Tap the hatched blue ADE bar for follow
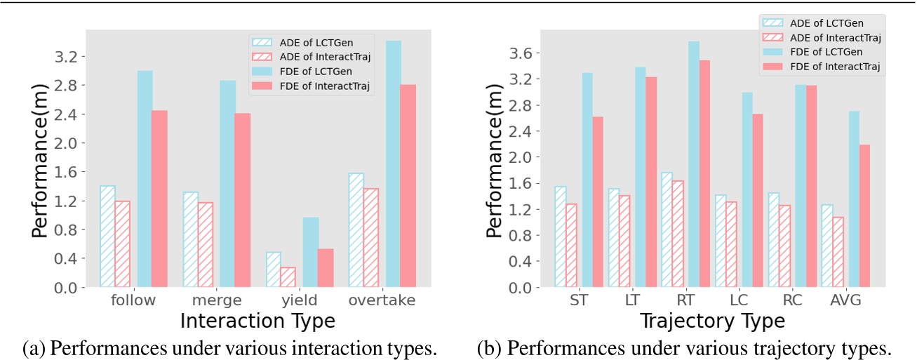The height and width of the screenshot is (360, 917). click(107, 236)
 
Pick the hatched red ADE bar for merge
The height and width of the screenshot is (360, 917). click(205, 244)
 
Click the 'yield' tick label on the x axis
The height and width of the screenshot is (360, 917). click(299, 301)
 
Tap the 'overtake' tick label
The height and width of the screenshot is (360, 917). click(382, 301)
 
